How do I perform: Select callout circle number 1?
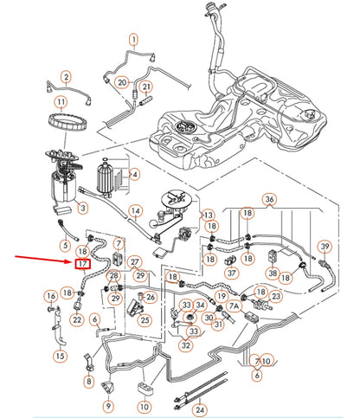134,39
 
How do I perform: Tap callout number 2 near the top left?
65,77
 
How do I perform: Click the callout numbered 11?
61,103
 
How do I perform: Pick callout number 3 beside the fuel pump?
81,209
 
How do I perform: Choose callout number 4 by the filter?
134,174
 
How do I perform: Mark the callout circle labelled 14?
135,210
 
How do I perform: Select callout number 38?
273,273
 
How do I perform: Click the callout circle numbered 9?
109,406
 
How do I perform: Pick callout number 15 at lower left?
59,356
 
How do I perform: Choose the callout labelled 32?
186,344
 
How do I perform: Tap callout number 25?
145,320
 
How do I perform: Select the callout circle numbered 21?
146,87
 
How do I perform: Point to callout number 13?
208,214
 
